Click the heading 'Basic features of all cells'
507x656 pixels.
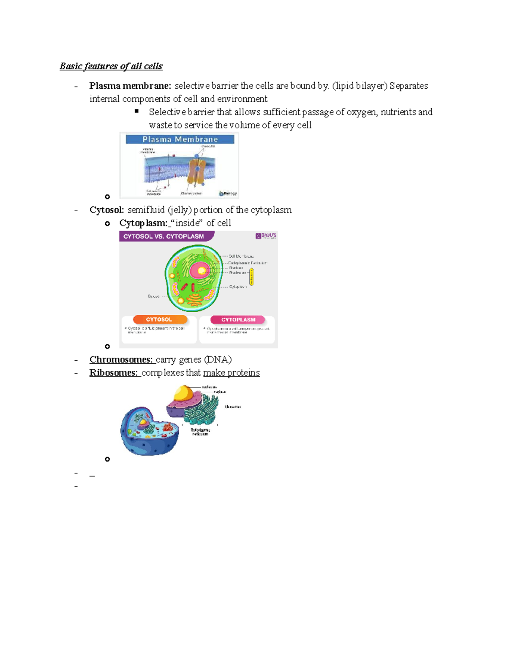(111, 66)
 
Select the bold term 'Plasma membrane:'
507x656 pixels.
(130, 86)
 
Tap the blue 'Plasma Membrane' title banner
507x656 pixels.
(180, 139)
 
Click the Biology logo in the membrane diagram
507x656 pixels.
(228, 193)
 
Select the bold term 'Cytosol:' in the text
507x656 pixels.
(106, 210)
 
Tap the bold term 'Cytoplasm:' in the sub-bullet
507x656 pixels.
(143, 223)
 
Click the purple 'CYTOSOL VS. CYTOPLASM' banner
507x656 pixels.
(165, 237)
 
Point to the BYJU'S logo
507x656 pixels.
(266, 236)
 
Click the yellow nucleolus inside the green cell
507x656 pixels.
(202, 271)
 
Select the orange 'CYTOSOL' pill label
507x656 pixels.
(159, 320)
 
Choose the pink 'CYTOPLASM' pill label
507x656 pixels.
(238, 320)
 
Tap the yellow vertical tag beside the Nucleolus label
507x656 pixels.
(252, 277)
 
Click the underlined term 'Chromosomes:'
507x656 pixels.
(121, 360)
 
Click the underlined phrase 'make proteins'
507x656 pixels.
(231, 373)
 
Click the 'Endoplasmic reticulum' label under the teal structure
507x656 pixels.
(200, 432)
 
